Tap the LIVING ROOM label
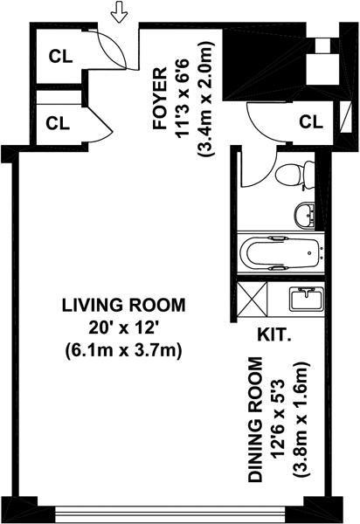[x=124, y=306]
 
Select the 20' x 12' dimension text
[x=123, y=328]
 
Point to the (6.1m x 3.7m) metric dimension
[x=123, y=352]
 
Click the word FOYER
[x=159, y=98]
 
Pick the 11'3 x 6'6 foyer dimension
[x=183, y=98]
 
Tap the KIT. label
[x=273, y=335]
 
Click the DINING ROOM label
[x=256, y=420]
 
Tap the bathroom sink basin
[x=304, y=215]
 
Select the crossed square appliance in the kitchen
[x=253, y=299]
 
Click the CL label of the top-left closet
[x=60, y=57]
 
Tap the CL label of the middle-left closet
[x=58, y=123]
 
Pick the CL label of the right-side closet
[x=311, y=122]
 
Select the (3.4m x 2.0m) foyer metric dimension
[x=205, y=99]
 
